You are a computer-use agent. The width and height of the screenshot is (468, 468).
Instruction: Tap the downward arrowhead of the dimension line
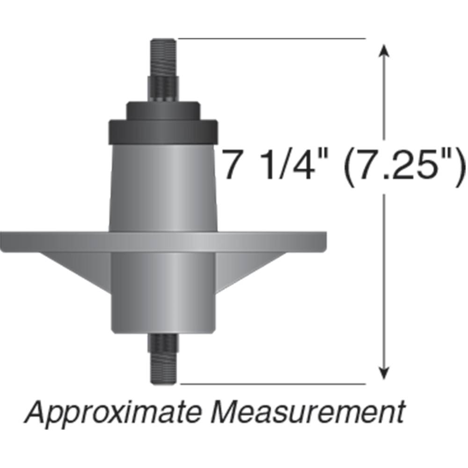[x=384, y=373]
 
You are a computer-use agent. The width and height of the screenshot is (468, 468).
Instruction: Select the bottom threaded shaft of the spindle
[x=163, y=360]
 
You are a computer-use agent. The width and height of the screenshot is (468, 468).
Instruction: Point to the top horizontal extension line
[x=271, y=38]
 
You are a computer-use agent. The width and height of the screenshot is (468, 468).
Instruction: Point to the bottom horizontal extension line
[x=271, y=384]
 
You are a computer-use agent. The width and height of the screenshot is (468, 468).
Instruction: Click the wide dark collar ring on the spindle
[x=162, y=132]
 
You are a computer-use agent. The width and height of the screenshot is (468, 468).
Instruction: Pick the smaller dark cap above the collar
[x=162, y=110]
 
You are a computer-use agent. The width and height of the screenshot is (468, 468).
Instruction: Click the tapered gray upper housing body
[x=162, y=187]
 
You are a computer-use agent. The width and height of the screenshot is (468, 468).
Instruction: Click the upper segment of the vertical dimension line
[x=384, y=94]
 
